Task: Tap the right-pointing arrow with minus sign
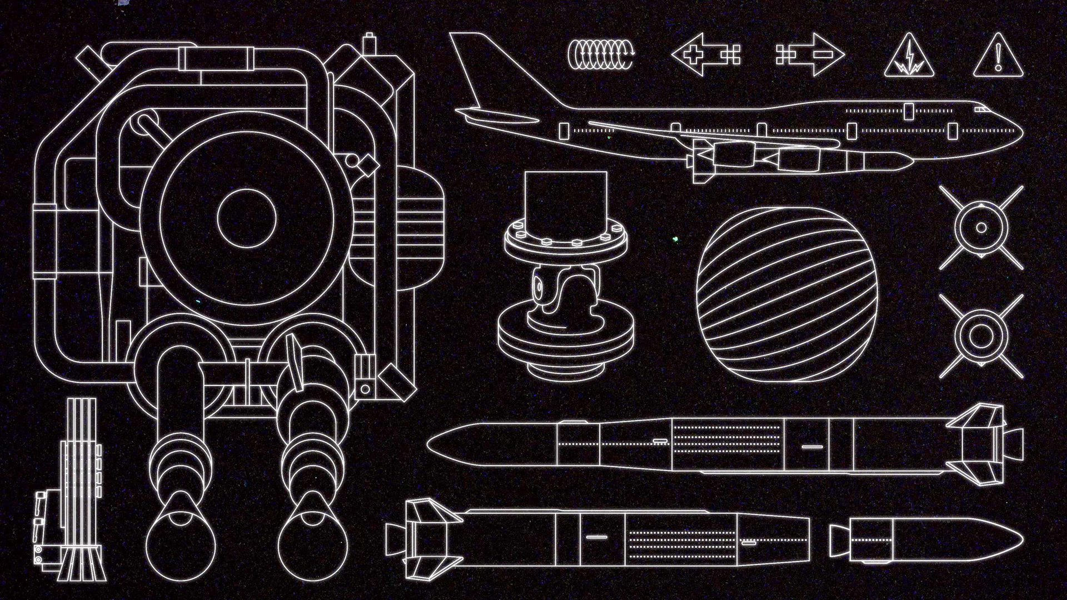(x=810, y=54)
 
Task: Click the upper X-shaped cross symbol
(x=981, y=228)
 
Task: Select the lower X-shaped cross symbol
(x=981, y=336)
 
